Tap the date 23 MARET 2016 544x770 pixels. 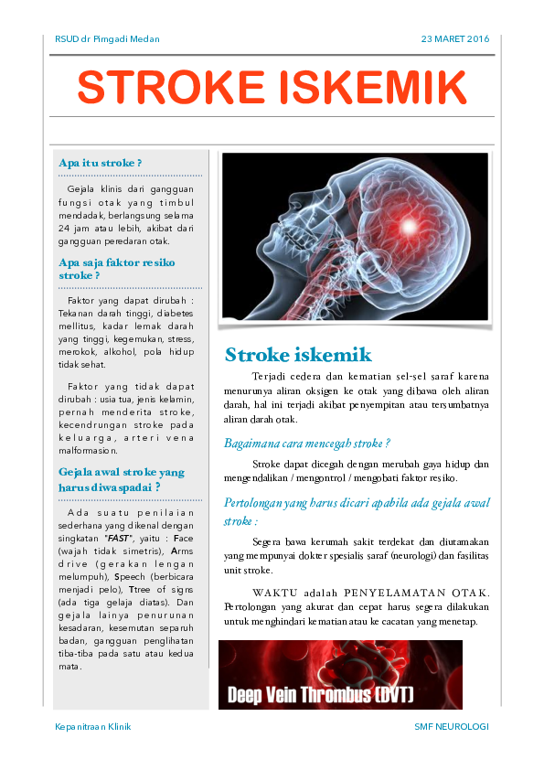(455, 39)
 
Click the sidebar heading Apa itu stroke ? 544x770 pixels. (100, 163)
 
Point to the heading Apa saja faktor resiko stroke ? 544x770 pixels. (116, 268)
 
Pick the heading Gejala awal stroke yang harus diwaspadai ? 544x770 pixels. (121, 479)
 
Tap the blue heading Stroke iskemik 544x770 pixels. (298, 355)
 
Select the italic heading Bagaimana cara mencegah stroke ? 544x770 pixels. (307, 443)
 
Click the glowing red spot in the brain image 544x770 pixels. (409, 224)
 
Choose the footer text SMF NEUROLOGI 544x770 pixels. (451, 726)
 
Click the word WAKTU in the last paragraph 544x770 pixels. (274, 592)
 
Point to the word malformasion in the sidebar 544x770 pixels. (87, 450)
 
